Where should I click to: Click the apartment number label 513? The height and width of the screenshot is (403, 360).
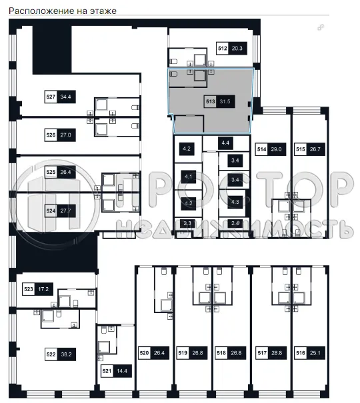tap(211, 102)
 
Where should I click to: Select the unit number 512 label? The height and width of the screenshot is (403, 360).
tap(222, 48)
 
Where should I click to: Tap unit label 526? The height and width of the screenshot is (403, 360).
tap(50, 134)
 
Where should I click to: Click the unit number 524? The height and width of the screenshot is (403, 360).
tap(50, 210)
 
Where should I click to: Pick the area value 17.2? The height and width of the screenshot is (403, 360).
tap(45, 290)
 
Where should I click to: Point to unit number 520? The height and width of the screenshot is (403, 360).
tap(144, 354)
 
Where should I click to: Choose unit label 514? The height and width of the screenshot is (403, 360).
tap(262, 150)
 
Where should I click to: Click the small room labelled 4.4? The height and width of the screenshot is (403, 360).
tap(225, 142)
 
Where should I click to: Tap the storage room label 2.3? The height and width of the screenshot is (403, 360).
tap(187, 224)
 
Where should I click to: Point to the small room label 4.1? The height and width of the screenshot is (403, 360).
tap(187, 177)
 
